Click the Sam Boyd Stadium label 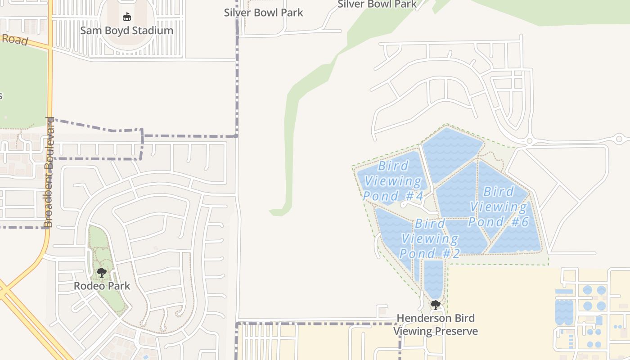point(126,31)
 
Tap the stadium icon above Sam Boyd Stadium point(127,17)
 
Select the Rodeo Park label point(102,286)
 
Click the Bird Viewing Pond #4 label point(393,181)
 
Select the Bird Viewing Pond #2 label point(430,238)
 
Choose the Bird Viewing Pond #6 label point(499,207)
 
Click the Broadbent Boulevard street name point(49,172)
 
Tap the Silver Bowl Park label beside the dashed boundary point(264,13)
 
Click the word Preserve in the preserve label point(455,332)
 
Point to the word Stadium point(151,31)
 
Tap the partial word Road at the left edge point(15,40)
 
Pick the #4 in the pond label point(414,196)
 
